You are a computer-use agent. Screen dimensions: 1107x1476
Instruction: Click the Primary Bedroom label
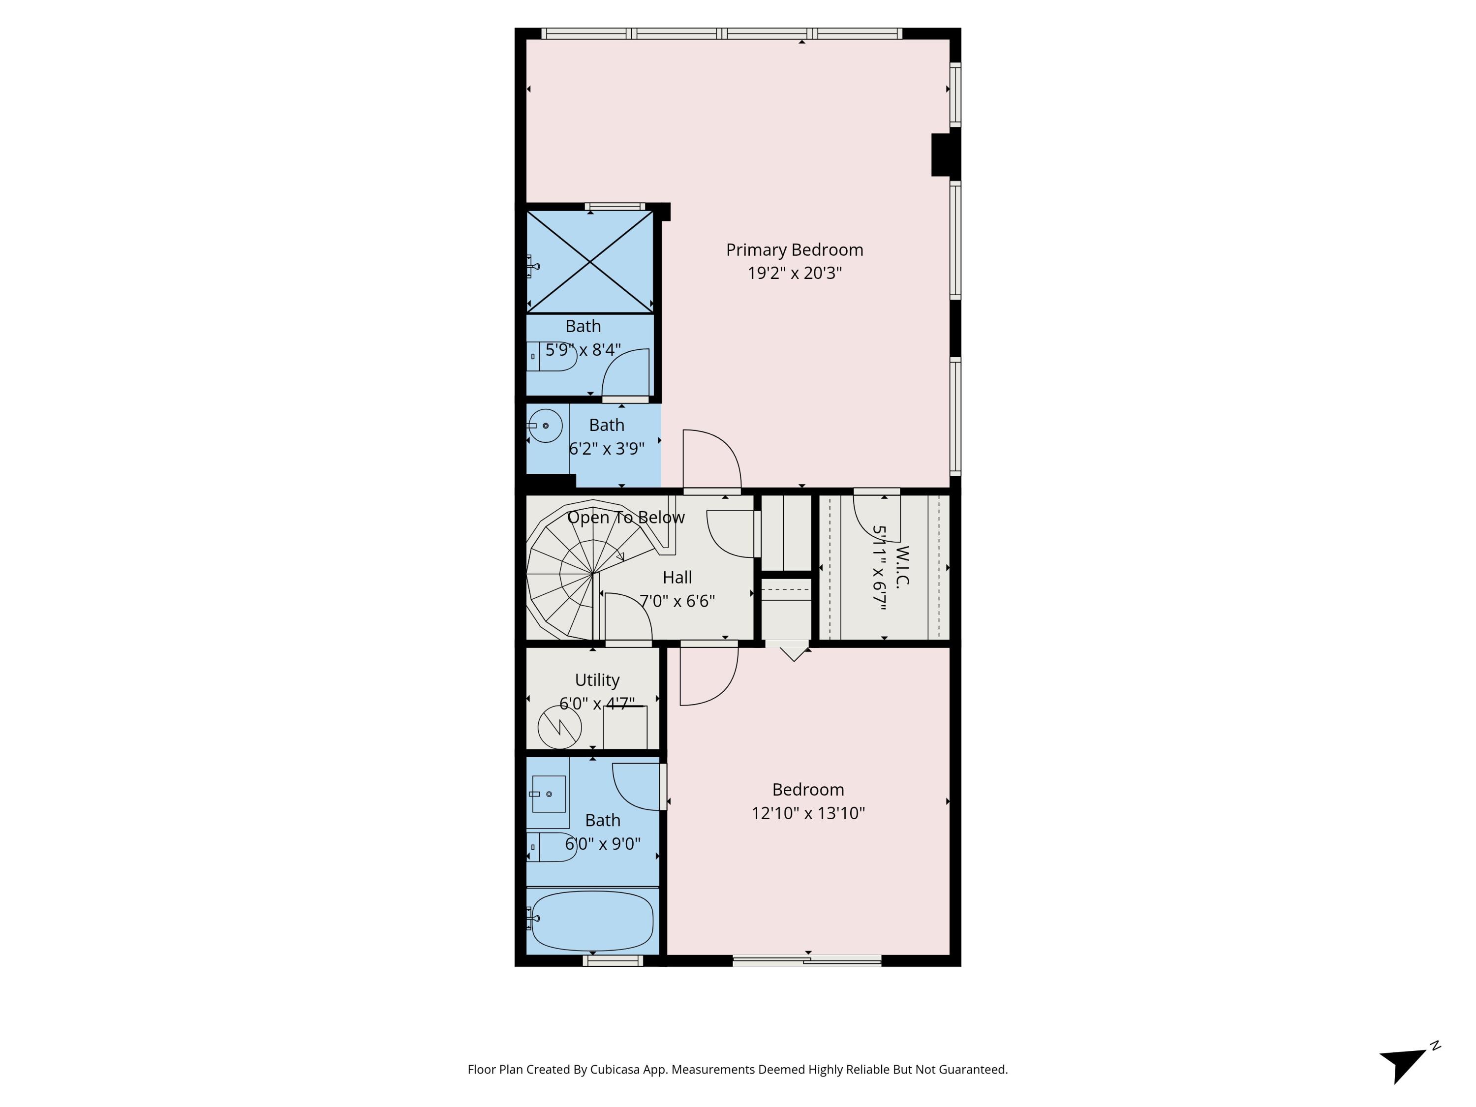794,249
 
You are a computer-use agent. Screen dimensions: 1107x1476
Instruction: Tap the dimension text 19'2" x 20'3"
794,273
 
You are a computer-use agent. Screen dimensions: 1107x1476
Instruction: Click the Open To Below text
625,517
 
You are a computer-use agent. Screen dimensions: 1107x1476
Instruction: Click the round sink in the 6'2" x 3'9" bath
545,426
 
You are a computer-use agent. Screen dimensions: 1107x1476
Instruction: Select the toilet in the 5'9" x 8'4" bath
553,356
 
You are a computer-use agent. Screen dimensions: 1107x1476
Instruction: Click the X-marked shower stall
590,262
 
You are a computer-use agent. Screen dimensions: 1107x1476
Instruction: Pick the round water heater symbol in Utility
559,727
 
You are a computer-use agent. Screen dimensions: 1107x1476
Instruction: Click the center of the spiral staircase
592,573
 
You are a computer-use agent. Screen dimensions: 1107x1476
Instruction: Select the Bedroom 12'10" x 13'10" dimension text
807,813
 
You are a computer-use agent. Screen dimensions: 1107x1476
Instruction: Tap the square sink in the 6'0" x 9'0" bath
549,794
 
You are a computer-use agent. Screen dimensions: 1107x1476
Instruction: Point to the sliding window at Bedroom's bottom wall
807,961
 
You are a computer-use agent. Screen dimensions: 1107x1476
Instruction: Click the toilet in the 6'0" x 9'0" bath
553,847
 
